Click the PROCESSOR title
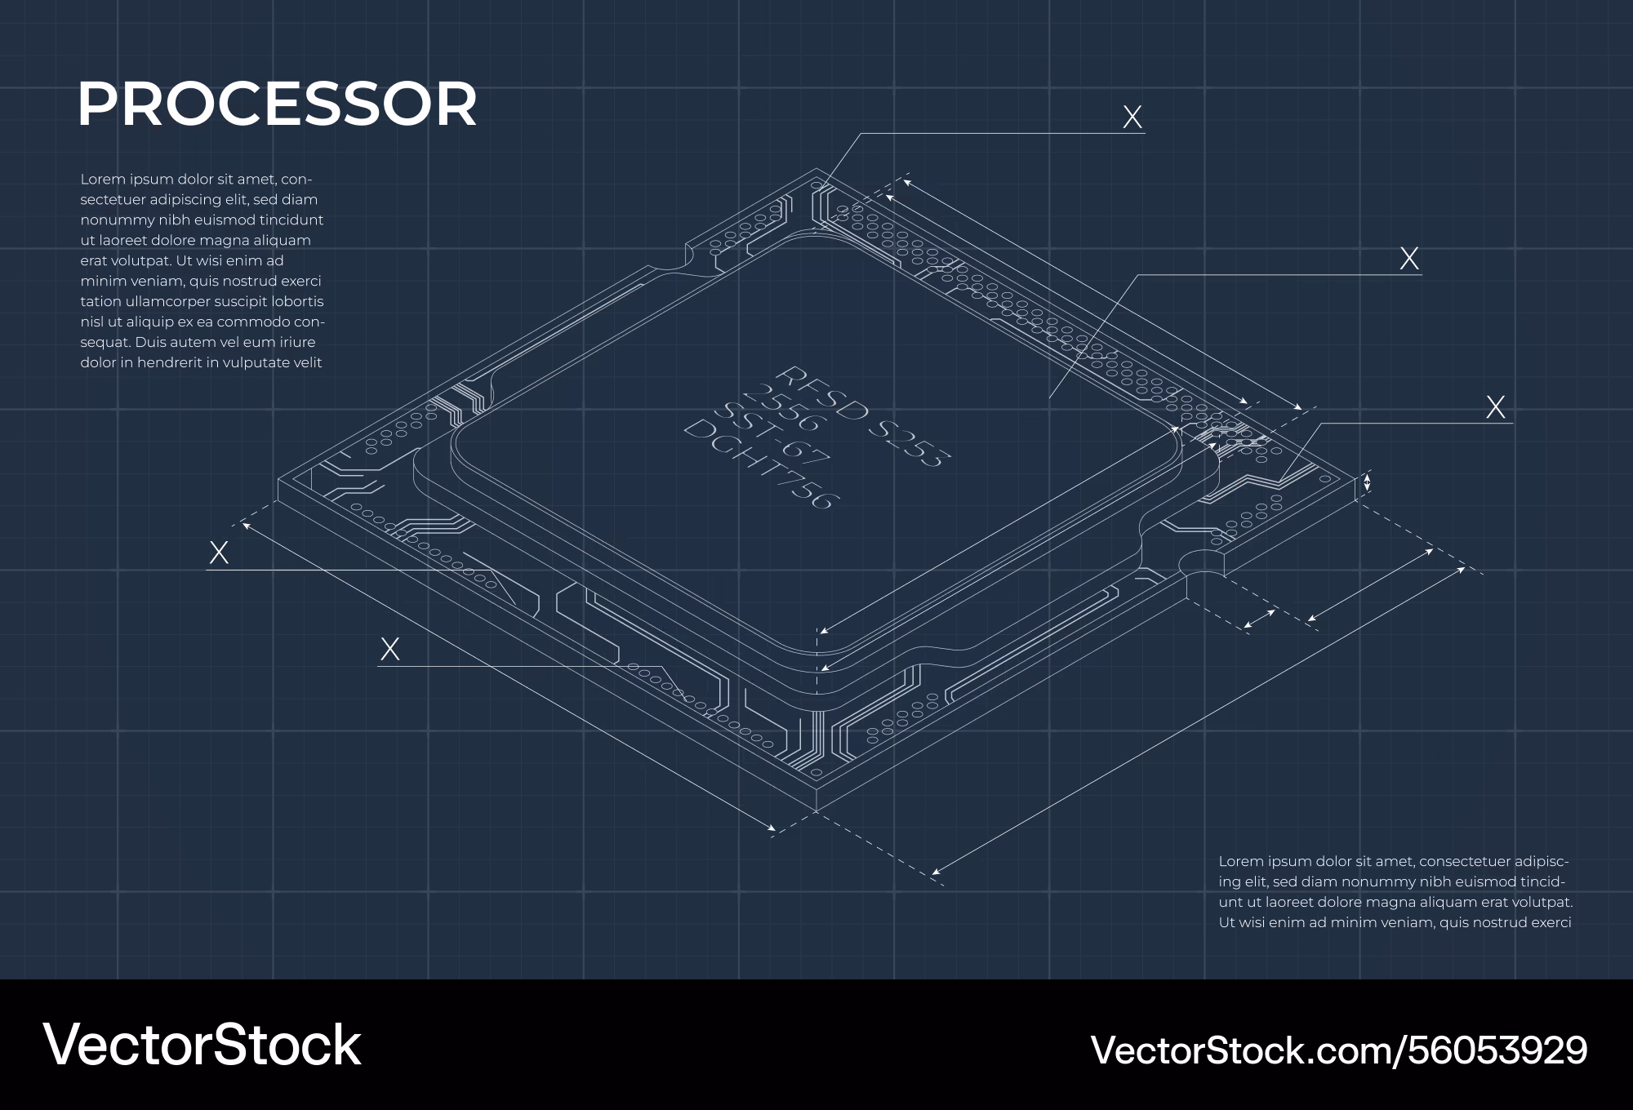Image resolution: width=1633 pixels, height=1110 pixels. point(277,104)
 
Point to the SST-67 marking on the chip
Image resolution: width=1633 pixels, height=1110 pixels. point(772,433)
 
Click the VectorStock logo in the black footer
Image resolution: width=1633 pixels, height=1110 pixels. point(202,1045)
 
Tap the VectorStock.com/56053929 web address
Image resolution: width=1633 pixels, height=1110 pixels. point(1339,1050)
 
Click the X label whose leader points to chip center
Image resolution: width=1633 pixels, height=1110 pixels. point(1409,259)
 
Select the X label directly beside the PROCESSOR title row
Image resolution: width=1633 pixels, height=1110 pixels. point(1132,118)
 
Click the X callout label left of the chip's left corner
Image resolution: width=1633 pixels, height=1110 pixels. point(219,553)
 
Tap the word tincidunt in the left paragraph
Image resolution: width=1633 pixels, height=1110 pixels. point(291,220)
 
